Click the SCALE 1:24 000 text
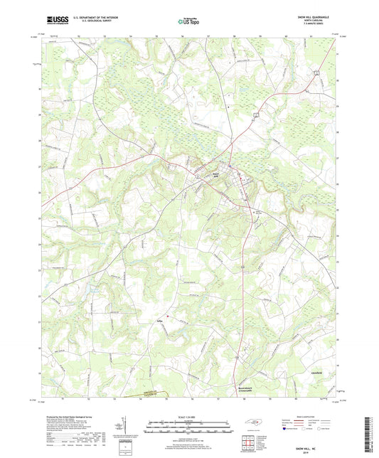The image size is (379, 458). (189, 417)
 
